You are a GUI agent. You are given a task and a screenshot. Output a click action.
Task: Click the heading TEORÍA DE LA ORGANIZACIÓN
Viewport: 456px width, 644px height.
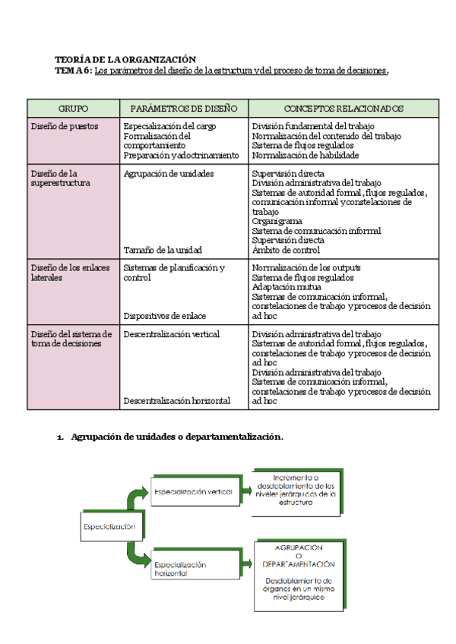coord(125,59)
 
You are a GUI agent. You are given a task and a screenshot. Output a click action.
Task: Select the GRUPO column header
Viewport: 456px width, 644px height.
coord(73,109)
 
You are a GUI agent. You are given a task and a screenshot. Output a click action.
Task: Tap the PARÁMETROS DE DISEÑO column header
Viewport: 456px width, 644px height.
coord(184,109)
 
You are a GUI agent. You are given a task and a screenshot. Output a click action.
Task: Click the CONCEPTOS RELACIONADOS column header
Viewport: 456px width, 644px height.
coord(344,109)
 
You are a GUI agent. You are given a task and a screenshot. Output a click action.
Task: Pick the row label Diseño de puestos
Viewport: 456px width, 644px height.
coord(65,126)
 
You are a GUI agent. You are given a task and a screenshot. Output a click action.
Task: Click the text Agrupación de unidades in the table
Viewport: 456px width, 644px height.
coord(168,173)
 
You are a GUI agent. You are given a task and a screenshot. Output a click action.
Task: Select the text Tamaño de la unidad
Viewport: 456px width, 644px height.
coord(163,249)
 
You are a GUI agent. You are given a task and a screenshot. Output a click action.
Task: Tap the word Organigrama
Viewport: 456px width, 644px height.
coord(277,221)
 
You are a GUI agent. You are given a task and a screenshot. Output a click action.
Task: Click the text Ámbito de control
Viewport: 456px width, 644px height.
coord(286,249)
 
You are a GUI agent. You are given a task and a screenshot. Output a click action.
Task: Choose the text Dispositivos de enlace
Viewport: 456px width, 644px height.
coord(165,315)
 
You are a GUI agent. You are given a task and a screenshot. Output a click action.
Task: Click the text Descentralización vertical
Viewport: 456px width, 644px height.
coord(171,334)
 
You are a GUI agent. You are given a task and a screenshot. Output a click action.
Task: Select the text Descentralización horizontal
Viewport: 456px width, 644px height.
coord(176,400)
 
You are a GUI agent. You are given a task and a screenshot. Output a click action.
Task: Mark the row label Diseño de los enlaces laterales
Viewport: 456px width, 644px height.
coord(70,273)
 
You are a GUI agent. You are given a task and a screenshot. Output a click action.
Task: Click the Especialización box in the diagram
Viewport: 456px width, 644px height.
coord(109,526)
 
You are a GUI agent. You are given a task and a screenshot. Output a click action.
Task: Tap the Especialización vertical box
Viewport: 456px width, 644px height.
coord(192,492)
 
